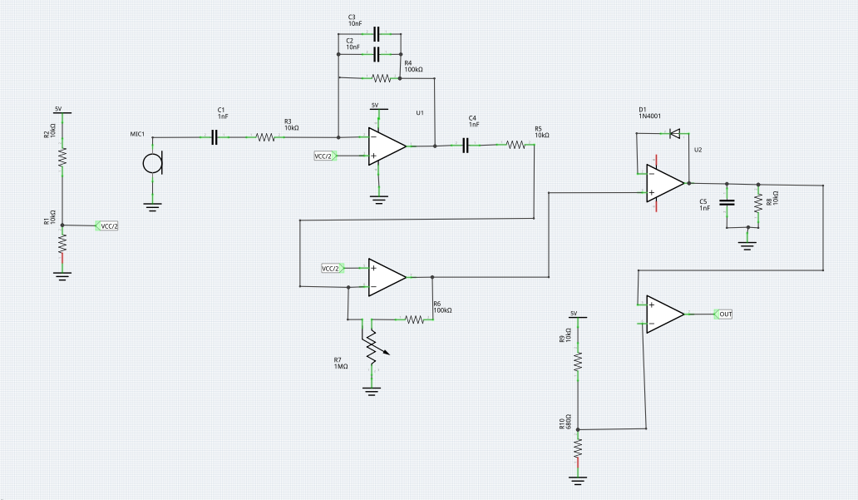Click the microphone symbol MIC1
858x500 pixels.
(x=152, y=163)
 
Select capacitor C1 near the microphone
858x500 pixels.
(x=214, y=138)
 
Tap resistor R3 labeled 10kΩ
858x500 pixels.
(x=265, y=138)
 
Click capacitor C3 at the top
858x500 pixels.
(x=377, y=34)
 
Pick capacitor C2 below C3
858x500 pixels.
(x=377, y=54)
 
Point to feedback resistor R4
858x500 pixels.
(x=381, y=78)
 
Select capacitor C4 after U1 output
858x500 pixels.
(x=466, y=146)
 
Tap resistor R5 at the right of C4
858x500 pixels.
(x=515, y=146)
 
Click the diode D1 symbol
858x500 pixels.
(x=675, y=133)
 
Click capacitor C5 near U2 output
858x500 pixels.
(x=727, y=203)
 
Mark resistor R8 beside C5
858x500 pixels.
(x=757, y=203)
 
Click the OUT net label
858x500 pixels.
(x=725, y=314)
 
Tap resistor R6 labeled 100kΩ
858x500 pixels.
(x=413, y=319)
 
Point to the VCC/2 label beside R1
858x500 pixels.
(x=108, y=225)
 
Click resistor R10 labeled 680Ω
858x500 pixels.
(x=578, y=448)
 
